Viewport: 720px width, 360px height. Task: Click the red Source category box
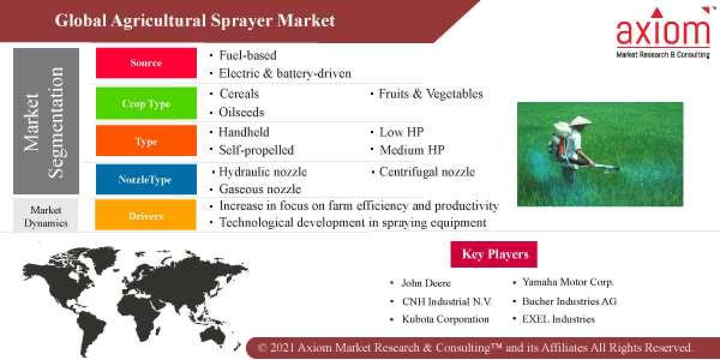pyautogui.click(x=146, y=63)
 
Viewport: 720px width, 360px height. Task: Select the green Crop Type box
pyautogui.click(x=146, y=103)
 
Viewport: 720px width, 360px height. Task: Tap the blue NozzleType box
pyautogui.click(x=146, y=179)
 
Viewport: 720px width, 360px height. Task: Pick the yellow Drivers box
pyautogui.click(x=146, y=215)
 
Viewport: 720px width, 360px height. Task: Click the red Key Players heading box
pyautogui.click(x=494, y=254)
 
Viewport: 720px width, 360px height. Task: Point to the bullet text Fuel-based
pyautogui.click(x=247, y=55)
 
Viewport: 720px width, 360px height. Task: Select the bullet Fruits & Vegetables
pyautogui.click(x=430, y=94)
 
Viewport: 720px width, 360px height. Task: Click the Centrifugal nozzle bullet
pyautogui.click(x=427, y=172)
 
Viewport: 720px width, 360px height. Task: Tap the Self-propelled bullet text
pyautogui.click(x=256, y=150)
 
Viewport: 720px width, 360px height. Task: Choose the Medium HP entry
pyautogui.click(x=412, y=150)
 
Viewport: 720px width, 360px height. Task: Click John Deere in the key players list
pyautogui.click(x=426, y=283)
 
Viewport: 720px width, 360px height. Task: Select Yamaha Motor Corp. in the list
pyautogui.click(x=568, y=282)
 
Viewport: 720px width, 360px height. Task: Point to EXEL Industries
pyautogui.click(x=558, y=319)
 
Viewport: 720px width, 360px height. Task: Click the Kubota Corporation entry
pyautogui.click(x=445, y=319)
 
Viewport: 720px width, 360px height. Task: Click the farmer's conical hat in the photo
pyautogui.click(x=580, y=121)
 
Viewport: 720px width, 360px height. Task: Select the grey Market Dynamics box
pyautogui.click(x=46, y=215)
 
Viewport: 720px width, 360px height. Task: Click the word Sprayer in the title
pyautogui.click(x=243, y=20)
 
